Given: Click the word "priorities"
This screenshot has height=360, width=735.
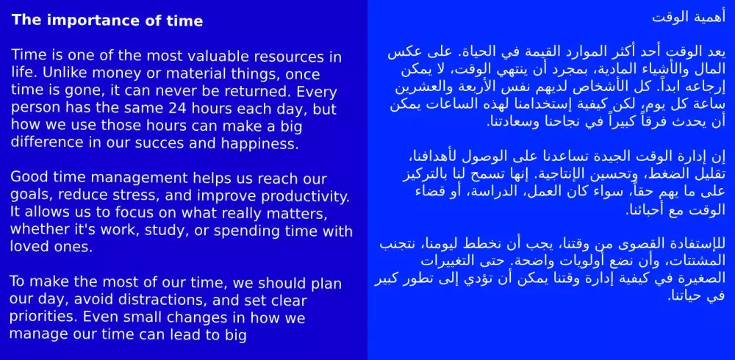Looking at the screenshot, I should (43, 318).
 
